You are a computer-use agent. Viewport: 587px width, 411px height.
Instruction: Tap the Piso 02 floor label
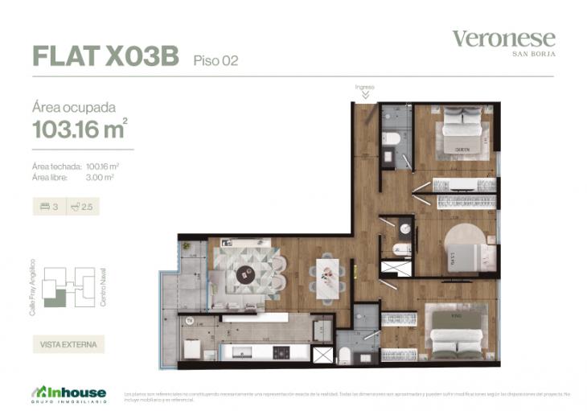click(x=216, y=60)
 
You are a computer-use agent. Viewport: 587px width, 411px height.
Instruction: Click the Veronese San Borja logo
click(x=503, y=42)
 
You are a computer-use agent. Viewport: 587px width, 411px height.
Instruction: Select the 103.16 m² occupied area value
click(x=80, y=129)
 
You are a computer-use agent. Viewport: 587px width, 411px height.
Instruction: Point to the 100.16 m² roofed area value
click(x=108, y=166)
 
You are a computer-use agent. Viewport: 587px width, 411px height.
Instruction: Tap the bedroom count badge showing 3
click(x=49, y=207)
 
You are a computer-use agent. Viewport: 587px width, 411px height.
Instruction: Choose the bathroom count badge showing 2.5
click(x=83, y=207)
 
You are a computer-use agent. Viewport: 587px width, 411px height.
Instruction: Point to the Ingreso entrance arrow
click(x=365, y=94)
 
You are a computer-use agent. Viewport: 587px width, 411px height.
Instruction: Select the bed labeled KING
click(x=456, y=331)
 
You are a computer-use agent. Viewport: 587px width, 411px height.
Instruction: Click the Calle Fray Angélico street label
click(x=33, y=286)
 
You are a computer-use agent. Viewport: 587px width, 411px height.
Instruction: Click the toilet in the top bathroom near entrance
click(x=392, y=139)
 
